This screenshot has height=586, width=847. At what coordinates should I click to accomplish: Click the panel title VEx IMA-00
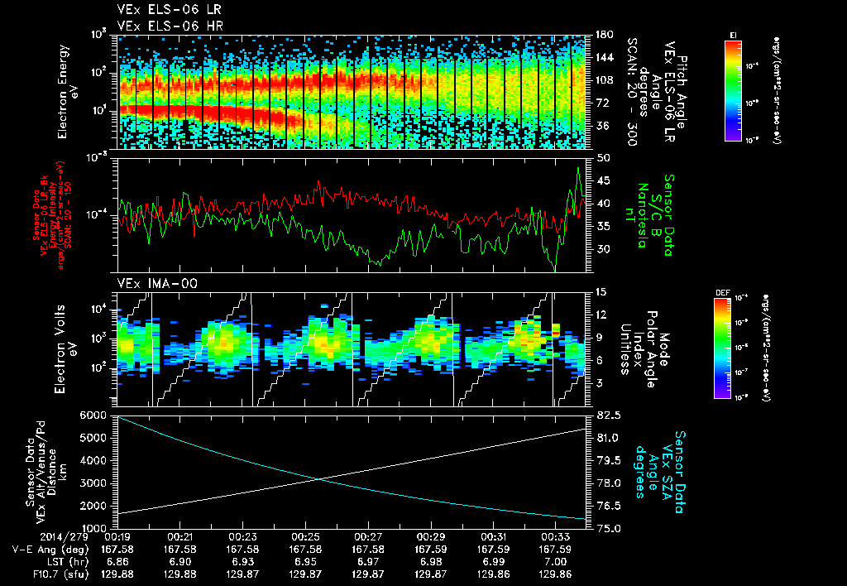point(150,283)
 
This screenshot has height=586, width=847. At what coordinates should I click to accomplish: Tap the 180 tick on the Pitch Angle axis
point(603,35)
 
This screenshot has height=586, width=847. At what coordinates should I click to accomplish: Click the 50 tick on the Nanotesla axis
point(602,157)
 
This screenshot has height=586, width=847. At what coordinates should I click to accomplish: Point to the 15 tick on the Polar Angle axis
point(601,292)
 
